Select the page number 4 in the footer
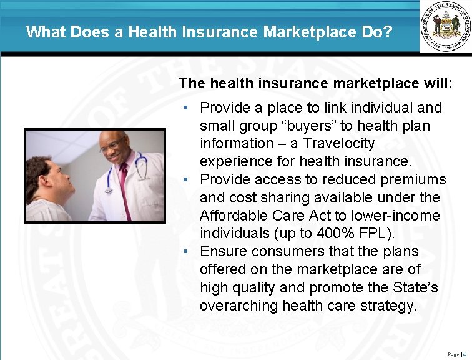point(465,354)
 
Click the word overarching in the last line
point(239,306)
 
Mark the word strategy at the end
point(390,306)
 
